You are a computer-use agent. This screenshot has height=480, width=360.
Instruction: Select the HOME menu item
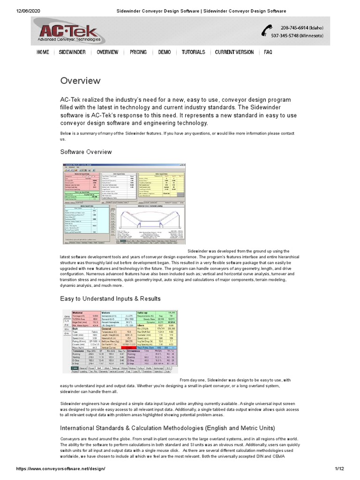tap(43, 52)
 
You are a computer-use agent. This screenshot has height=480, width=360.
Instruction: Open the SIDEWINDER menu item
tap(72, 52)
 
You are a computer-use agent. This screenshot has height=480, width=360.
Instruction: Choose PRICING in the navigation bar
tap(138, 52)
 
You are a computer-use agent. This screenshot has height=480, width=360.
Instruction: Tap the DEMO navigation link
tap(164, 52)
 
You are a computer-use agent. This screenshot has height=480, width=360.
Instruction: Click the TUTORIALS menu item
tap(193, 52)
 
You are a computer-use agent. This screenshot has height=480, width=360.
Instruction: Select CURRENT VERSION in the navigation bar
tap(234, 52)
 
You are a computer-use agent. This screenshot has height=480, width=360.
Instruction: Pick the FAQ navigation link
tap(268, 52)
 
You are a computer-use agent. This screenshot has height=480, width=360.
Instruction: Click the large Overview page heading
tap(80, 81)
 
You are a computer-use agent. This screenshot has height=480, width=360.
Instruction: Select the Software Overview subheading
tap(86, 152)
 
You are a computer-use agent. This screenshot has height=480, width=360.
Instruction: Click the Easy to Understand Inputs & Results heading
tap(110, 299)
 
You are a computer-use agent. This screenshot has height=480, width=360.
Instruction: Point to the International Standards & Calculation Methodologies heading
tap(167, 428)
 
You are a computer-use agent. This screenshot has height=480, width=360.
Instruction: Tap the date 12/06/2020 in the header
tap(17, 10)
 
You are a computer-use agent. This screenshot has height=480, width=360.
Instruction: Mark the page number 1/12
tap(340, 469)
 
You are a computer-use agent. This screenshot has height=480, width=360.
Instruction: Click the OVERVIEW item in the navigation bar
tap(107, 52)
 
